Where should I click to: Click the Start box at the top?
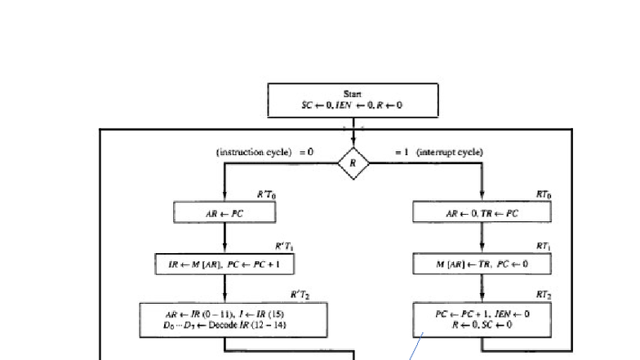point(353,100)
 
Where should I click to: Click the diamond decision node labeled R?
point(353,163)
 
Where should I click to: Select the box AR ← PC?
point(224,213)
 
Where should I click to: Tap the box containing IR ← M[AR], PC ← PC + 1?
point(224,264)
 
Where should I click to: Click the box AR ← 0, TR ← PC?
point(482,213)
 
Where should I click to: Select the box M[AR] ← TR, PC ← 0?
point(482,264)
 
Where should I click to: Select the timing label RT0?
point(544,194)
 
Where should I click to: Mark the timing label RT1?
point(544,246)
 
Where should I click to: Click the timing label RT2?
point(544,294)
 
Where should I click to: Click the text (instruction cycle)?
point(254,152)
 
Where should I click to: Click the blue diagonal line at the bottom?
point(416,348)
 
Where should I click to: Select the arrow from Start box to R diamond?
point(353,132)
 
